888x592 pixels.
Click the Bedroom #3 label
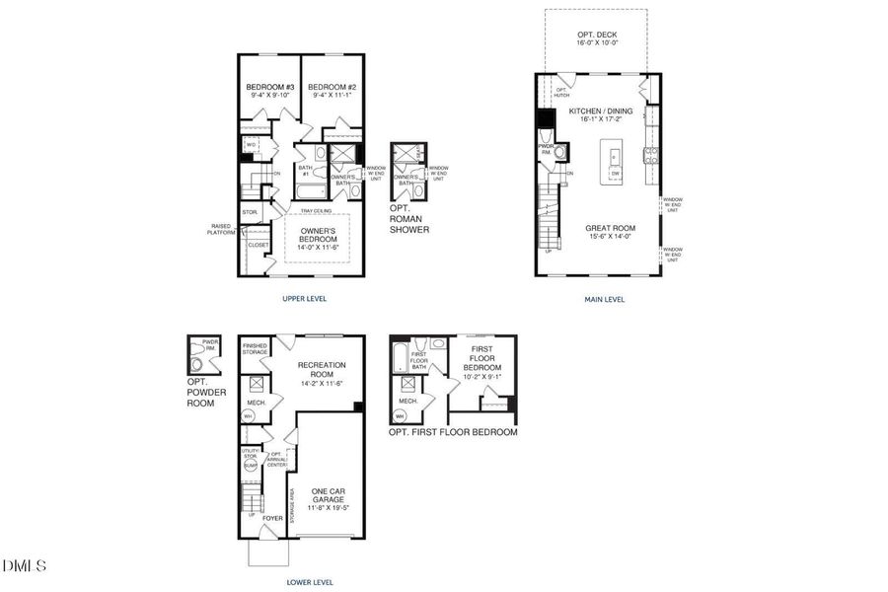tap(270, 87)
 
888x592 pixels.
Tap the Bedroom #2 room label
tap(331, 87)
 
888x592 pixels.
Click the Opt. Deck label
tap(597, 35)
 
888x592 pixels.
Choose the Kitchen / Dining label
tap(598, 111)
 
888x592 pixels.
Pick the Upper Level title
tap(303, 298)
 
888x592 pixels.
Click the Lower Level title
tap(310, 582)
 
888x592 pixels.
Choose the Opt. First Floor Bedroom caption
tap(453, 432)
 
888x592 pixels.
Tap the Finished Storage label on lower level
tap(256, 348)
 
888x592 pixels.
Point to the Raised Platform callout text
tap(221, 228)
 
